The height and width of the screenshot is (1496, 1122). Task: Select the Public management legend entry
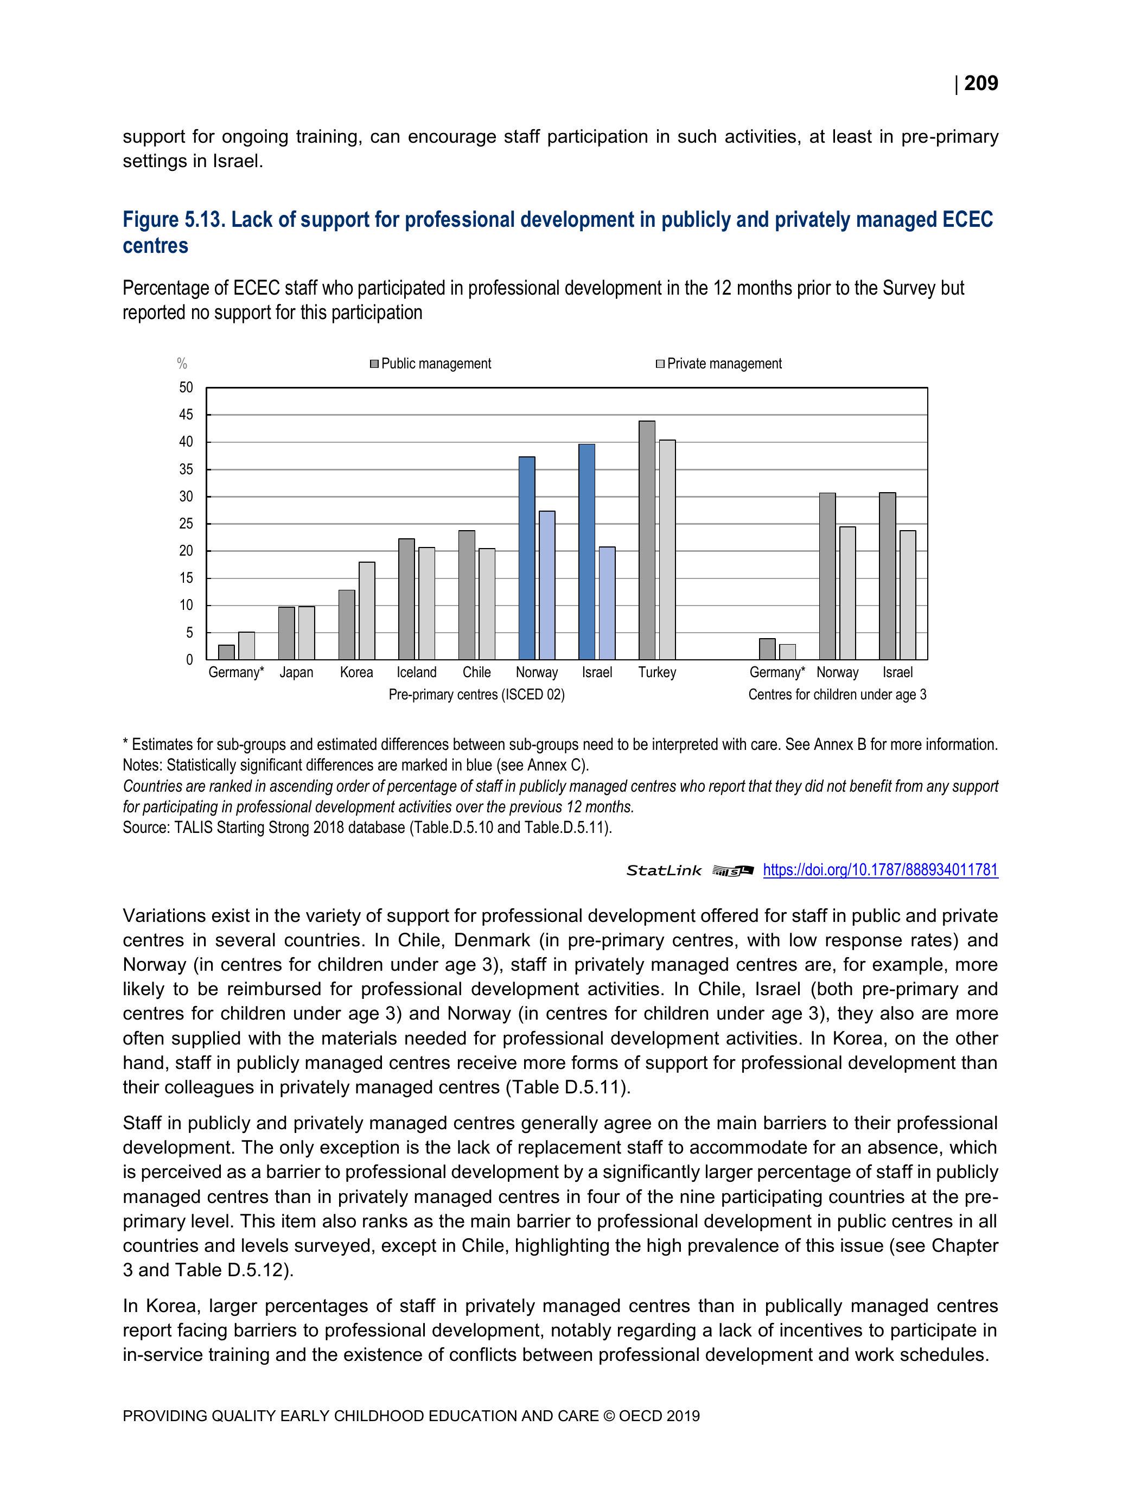click(430, 364)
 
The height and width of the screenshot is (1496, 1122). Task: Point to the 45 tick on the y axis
click(186, 415)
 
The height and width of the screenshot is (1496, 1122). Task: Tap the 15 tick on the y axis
click(186, 578)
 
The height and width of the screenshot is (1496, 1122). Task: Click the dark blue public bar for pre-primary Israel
click(586, 551)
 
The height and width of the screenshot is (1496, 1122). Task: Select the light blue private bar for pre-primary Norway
click(546, 585)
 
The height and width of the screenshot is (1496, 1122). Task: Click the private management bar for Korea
click(367, 610)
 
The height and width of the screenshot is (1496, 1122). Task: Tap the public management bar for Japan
click(286, 633)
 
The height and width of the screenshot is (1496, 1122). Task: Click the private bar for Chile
click(486, 604)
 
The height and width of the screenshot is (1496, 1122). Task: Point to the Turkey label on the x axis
click(656, 672)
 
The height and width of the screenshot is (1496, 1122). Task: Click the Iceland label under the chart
click(416, 672)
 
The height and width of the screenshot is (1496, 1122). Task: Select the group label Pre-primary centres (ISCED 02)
click(476, 695)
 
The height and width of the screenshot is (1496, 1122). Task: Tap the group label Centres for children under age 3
click(837, 695)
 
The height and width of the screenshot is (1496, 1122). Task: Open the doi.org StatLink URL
click(880, 870)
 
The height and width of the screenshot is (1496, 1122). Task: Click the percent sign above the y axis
click(182, 364)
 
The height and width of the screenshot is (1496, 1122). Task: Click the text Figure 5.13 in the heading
click(173, 220)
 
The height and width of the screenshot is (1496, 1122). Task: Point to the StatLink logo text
click(664, 870)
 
